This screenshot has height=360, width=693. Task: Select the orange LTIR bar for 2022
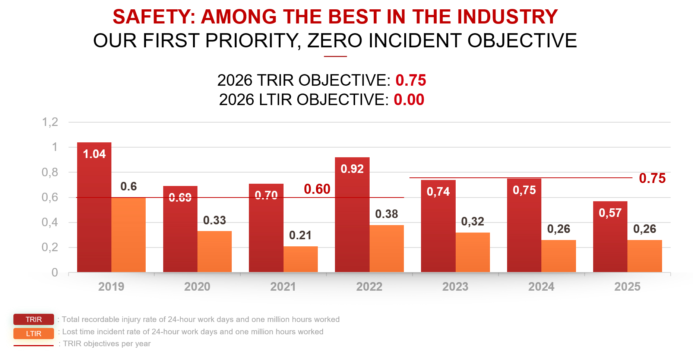386,249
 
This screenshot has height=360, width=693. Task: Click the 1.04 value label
94,154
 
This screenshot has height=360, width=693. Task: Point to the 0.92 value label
352,169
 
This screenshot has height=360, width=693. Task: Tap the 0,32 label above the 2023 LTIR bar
472,221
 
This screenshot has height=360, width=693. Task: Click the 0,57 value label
610,213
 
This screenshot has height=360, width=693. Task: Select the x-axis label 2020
197,287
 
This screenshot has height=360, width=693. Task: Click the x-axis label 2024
541,287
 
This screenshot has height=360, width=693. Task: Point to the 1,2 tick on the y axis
50,122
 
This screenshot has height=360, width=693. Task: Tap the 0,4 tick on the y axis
50,222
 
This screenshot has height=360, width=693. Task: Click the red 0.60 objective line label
317,189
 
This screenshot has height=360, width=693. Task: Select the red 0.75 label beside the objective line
652,178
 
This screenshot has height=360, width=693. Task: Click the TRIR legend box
34,319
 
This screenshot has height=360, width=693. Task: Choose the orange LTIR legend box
34,334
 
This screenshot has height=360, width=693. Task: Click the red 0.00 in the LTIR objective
409,100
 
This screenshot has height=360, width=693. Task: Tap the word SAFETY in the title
154,17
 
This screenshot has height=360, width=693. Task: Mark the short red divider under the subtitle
335,56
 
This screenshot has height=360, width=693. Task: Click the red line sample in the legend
34,345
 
